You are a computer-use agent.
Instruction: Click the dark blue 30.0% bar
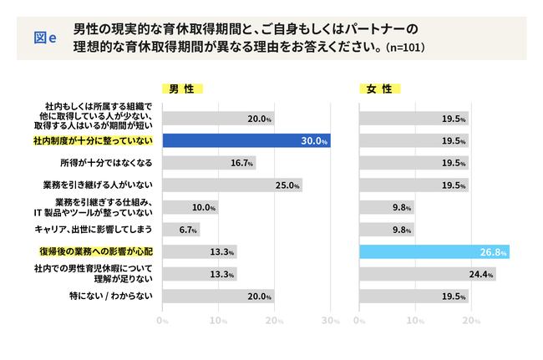click(x=246, y=140)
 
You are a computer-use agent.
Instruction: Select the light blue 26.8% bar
click(x=434, y=251)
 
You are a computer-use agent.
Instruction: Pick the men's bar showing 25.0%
click(x=231, y=185)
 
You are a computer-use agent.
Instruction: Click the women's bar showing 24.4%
click(x=427, y=273)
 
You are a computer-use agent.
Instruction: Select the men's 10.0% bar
click(x=190, y=207)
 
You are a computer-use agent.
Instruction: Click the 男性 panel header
click(x=182, y=89)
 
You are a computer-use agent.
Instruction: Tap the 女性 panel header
click(x=379, y=89)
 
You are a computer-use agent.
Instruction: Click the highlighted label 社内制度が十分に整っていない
click(x=94, y=140)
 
